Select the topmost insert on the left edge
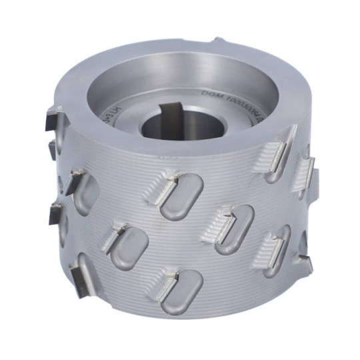51,120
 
